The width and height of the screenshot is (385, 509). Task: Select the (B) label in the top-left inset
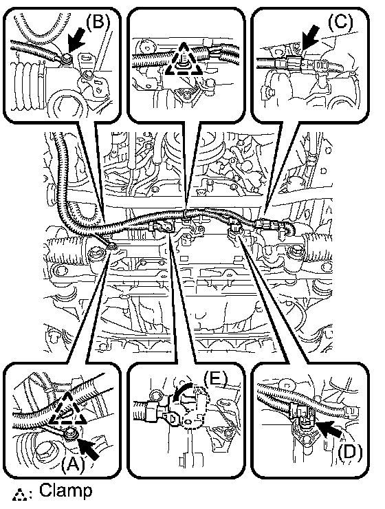[x=98, y=22]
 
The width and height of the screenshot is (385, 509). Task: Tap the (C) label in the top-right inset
[x=340, y=22]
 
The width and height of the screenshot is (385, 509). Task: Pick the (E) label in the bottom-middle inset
[x=216, y=378]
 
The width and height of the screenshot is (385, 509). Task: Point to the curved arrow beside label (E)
[x=184, y=393]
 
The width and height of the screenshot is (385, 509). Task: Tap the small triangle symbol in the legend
[x=19, y=494]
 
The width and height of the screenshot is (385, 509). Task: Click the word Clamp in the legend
[x=66, y=490]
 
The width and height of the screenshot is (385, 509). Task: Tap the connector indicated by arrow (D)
[x=301, y=414]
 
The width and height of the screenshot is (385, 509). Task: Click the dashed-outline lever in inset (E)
[x=195, y=407]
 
